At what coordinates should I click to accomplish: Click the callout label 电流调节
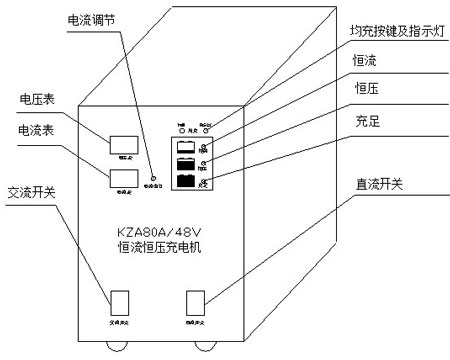click(96, 19)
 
